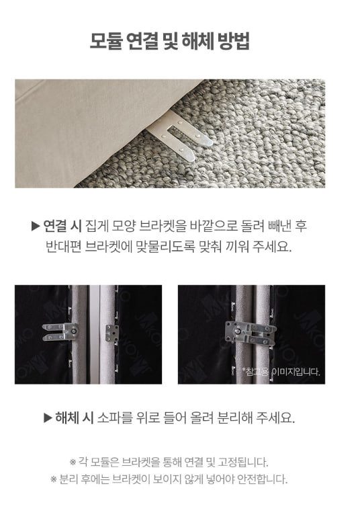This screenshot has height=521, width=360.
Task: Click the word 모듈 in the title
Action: [106, 41]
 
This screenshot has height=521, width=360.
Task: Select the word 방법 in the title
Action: [234, 41]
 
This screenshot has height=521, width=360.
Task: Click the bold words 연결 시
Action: [62, 226]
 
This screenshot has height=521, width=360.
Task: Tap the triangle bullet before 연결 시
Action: [36, 227]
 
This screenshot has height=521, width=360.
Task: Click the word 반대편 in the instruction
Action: [63, 247]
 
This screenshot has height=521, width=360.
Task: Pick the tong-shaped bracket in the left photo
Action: [60, 332]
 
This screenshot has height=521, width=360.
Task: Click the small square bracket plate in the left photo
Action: [112, 333]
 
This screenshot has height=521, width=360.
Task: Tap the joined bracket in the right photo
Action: [251, 333]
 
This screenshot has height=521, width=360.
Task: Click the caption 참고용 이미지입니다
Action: [281, 372]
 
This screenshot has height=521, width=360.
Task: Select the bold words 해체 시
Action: [75, 417]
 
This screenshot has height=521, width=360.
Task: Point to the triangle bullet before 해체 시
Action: [48, 418]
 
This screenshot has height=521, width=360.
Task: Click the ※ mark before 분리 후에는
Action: [54, 479]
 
